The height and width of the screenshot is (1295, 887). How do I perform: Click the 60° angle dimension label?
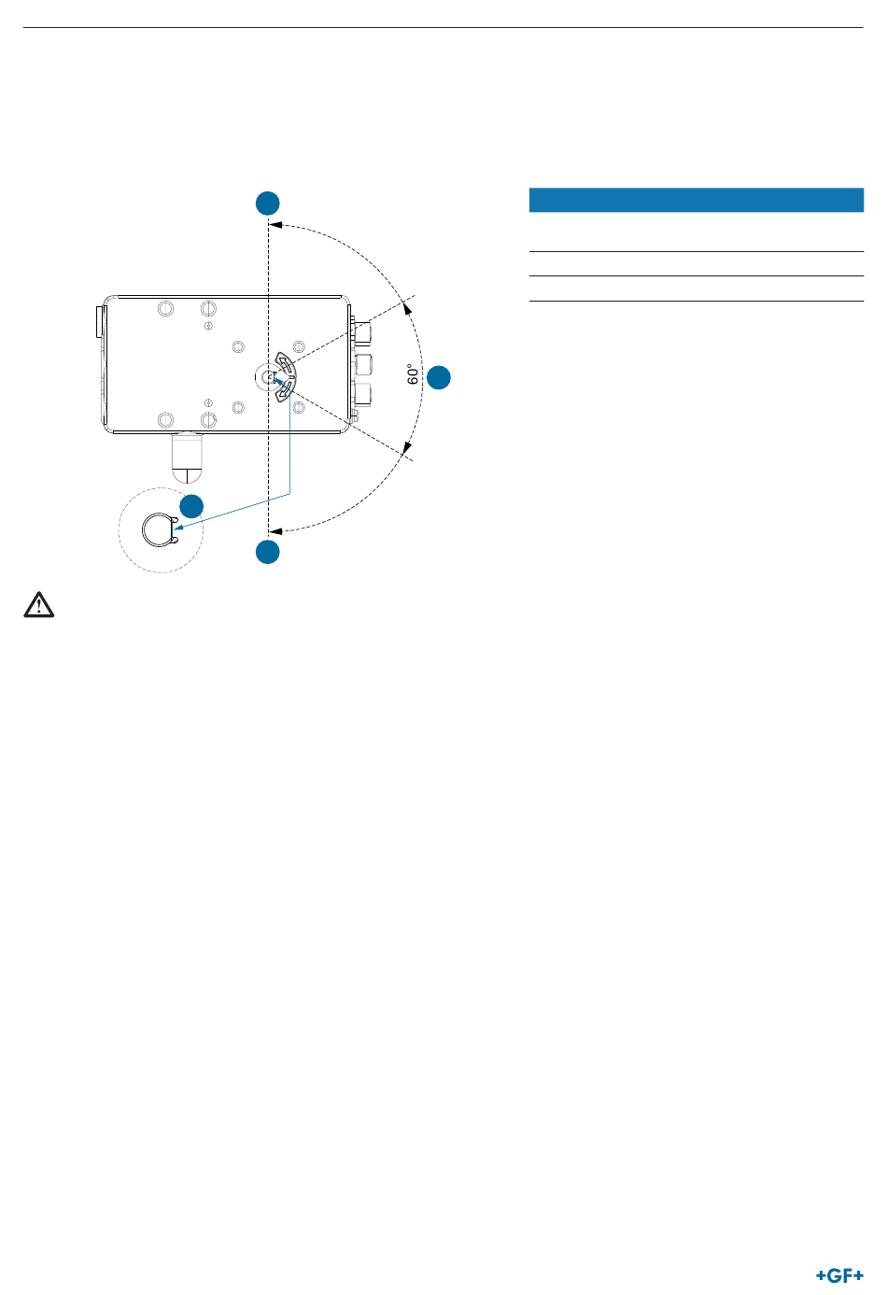click(x=413, y=374)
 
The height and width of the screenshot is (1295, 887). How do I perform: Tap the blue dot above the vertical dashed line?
click(x=268, y=203)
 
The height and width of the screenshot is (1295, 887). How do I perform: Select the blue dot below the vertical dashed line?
click(x=268, y=552)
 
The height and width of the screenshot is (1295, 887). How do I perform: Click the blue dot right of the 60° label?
click(x=439, y=377)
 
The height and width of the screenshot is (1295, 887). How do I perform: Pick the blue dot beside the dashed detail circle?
click(x=191, y=506)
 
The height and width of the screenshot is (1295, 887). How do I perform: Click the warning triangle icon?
click(x=38, y=605)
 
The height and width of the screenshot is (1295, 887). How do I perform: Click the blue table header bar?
click(x=697, y=200)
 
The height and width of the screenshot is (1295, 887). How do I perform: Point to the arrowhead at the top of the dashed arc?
click(x=275, y=225)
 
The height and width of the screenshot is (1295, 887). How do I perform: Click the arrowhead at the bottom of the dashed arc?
click(x=275, y=530)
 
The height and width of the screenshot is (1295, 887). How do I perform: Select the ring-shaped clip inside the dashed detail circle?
click(x=160, y=529)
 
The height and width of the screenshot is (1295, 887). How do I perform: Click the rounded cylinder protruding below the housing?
click(x=187, y=457)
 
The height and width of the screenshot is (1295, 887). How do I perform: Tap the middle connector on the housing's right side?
click(x=363, y=364)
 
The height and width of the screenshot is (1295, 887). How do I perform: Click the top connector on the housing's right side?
click(x=363, y=334)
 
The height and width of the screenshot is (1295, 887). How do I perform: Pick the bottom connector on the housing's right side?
click(x=363, y=394)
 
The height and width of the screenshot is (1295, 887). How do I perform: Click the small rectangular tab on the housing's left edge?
click(x=101, y=321)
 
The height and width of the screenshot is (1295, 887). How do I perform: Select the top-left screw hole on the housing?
click(x=165, y=308)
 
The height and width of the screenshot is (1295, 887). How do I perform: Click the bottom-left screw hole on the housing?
click(x=165, y=420)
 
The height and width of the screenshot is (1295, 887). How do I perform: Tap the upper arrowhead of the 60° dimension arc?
click(x=408, y=308)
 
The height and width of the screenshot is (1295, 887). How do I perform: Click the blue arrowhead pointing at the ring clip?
click(x=178, y=527)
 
